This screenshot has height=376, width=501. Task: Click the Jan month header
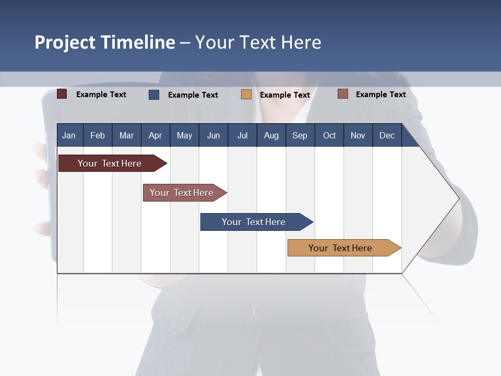tap(69, 135)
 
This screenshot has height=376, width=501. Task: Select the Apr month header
tap(155, 135)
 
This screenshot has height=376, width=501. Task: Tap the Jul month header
tap(242, 135)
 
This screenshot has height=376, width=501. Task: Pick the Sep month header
tap(300, 135)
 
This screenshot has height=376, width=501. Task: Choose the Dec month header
tap(387, 135)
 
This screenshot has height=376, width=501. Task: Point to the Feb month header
tap(98, 135)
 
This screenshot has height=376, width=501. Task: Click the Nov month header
tap(357, 135)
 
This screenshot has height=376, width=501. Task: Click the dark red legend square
tap(62, 94)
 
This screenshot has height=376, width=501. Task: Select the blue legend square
tap(154, 95)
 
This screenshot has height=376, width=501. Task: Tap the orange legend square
tap(246, 95)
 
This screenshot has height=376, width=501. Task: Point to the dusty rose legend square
tap(343, 94)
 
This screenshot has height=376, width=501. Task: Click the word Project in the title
tap(65, 42)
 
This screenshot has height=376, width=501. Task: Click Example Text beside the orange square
tap(285, 95)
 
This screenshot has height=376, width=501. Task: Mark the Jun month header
tap(213, 135)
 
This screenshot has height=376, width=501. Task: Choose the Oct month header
tap(329, 135)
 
